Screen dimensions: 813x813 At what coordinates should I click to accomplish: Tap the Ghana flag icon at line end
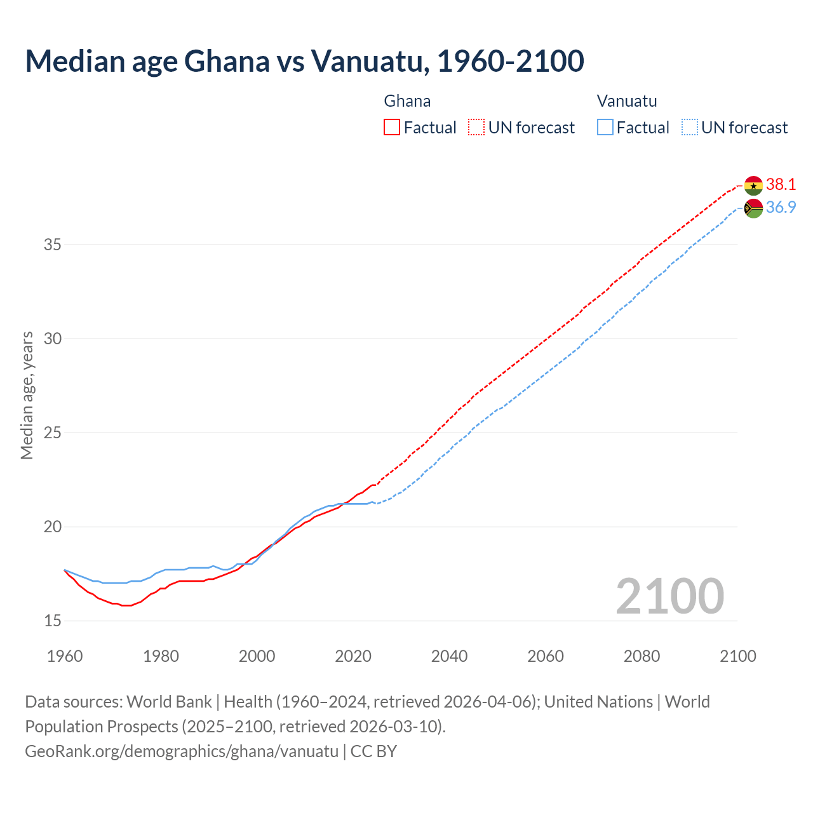tap(753, 185)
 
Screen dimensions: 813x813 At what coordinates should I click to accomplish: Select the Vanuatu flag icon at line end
tap(753, 208)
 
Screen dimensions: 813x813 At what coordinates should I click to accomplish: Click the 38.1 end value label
tap(781, 185)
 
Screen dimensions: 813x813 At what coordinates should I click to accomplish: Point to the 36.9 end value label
tap(781, 208)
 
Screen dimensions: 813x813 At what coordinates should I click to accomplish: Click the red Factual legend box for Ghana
tap(392, 128)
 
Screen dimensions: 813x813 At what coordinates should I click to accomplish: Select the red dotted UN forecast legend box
tap(476, 128)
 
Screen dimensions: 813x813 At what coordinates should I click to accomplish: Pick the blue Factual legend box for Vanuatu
tap(605, 128)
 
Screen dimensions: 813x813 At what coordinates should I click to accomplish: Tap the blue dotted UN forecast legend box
tap(689, 128)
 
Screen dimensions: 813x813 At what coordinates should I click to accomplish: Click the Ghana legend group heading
tap(407, 101)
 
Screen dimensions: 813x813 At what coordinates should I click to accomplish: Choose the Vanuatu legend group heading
tap(627, 101)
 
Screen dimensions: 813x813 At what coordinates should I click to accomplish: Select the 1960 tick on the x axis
tap(65, 656)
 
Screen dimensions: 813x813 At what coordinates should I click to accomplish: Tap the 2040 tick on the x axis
tap(449, 656)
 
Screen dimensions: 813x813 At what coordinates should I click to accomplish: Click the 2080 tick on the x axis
tap(642, 656)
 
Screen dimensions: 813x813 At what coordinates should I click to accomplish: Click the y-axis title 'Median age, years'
tap(27, 395)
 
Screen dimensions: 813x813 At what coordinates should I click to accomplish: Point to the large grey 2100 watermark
tap(669, 596)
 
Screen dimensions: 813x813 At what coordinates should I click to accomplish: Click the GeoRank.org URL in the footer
tap(182, 751)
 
